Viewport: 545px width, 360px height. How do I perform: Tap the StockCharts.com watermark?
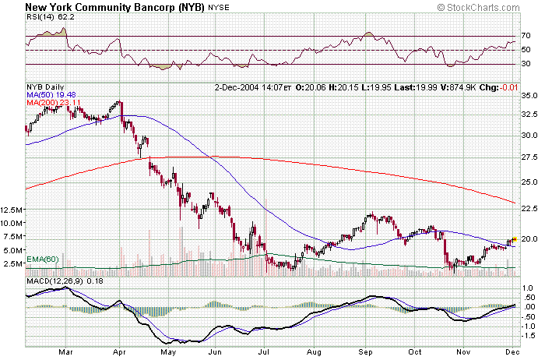coord(488,7)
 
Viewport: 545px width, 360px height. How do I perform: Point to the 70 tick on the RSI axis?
coord(526,37)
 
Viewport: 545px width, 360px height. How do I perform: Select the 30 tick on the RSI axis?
coord(526,65)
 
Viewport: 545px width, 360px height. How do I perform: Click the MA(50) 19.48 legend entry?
coord(51,95)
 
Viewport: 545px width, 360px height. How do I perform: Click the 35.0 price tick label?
coord(529,95)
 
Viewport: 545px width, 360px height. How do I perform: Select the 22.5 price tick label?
coord(529,208)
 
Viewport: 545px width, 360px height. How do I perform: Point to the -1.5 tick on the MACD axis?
coord(527,336)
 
